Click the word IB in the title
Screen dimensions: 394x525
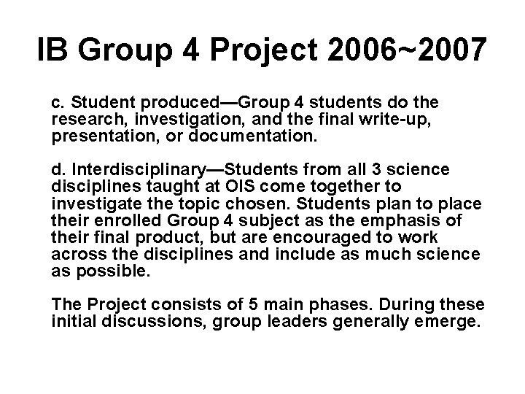pyautogui.click(x=51, y=50)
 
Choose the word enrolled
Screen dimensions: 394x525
pyautogui.click(x=131, y=218)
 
